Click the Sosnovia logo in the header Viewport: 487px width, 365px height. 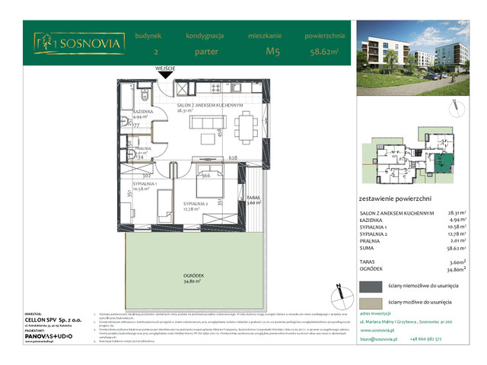coord(78,44)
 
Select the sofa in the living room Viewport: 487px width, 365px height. coord(203,124)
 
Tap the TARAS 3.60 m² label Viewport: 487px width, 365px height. coord(253,200)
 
